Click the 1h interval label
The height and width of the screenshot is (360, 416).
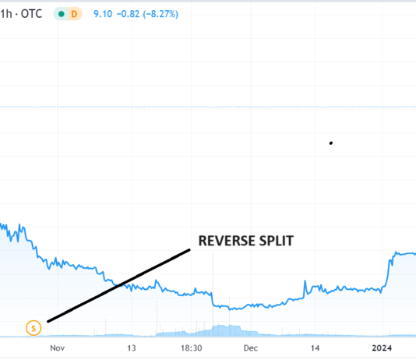click(7, 13)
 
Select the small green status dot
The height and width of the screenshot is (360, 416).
click(60, 14)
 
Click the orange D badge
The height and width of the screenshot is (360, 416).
click(74, 14)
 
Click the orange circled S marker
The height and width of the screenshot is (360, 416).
click(33, 327)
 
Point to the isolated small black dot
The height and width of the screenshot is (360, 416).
click(331, 143)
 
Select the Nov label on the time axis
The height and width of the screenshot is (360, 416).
click(57, 348)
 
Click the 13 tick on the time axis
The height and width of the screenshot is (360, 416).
click(131, 348)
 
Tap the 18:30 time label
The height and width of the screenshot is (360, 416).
click(192, 348)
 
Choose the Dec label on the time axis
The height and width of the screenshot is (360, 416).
click(250, 348)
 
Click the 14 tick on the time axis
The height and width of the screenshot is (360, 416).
click(316, 348)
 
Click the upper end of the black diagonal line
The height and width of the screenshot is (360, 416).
click(189, 249)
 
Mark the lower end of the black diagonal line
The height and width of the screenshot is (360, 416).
click(48, 321)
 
